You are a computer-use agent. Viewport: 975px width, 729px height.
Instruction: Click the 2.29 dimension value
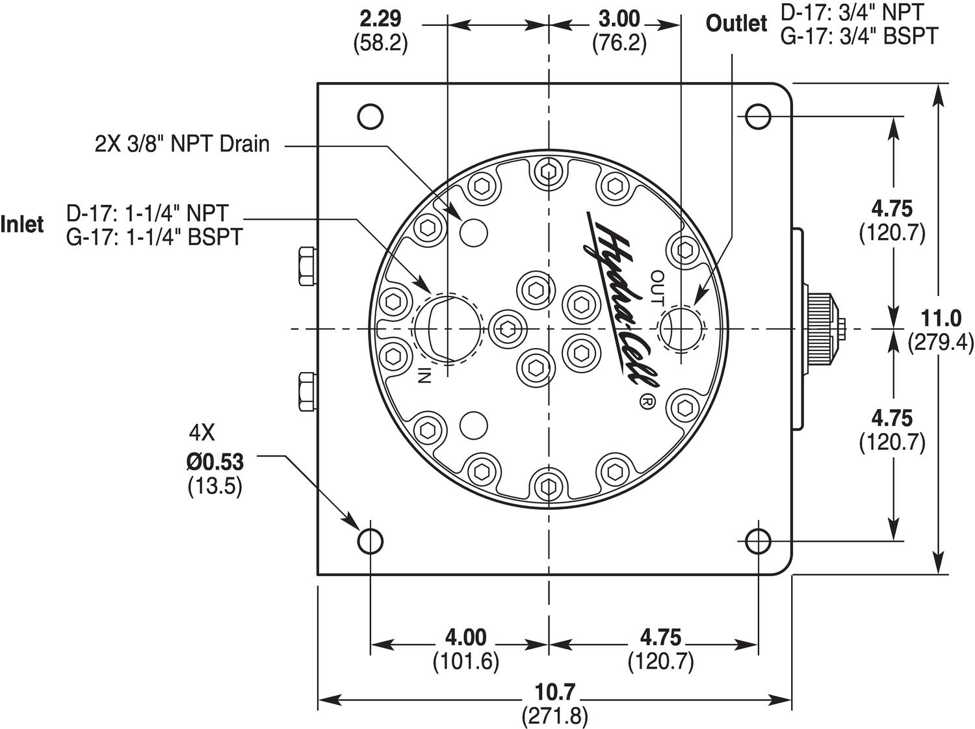click(x=381, y=18)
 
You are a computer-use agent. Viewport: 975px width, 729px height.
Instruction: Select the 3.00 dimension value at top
click(x=619, y=18)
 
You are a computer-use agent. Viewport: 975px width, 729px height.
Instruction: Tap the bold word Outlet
click(x=736, y=24)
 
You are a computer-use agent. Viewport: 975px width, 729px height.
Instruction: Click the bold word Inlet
click(x=23, y=224)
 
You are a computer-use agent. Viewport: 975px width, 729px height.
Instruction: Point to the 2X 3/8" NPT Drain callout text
click(x=182, y=144)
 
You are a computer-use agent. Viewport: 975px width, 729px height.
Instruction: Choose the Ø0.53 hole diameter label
click(x=214, y=462)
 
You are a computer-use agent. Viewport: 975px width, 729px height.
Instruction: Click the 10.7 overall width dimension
click(x=554, y=692)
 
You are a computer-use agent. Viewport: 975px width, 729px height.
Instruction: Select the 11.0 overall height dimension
click(x=941, y=319)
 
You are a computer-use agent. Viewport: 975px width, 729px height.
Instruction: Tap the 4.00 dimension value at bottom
click(x=465, y=636)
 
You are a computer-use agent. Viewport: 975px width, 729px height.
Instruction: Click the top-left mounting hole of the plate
click(x=370, y=117)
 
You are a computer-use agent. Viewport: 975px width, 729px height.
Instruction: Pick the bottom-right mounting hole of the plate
click(x=758, y=540)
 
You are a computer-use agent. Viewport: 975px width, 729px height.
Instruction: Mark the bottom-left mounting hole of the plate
click(x=370, y=540)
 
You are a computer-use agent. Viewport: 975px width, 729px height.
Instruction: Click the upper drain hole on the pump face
click(x=473, y=231)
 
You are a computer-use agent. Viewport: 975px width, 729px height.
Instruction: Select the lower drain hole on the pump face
click(x=473, y=426)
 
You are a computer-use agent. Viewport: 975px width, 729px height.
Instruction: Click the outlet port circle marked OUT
click(x=681, y=326)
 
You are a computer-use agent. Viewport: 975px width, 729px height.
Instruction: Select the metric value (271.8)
click(x=554, y=716)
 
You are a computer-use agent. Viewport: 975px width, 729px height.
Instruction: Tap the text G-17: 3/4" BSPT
click(x=859, y=36)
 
